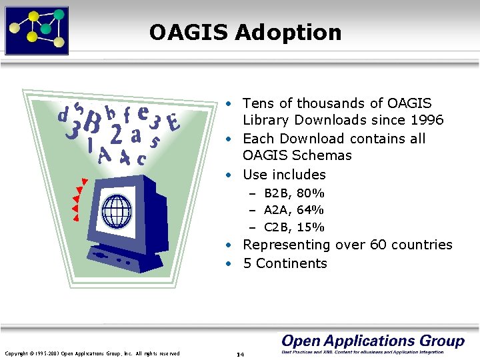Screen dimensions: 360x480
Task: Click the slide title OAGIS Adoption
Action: click(x=245, y=32)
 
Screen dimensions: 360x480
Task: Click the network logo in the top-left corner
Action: click(x=37, y=29)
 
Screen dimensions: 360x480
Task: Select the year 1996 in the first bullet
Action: click(x=427, y=121)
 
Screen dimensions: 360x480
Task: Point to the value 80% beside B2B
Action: click(x=310, y=193)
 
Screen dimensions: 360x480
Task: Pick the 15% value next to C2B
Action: click(x=310, y=227)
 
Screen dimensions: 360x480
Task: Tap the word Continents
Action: click(x=291, y=263)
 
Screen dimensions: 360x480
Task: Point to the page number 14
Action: click(x=240, y=354)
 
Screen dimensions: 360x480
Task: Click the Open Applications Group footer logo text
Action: click(x=373, y=341)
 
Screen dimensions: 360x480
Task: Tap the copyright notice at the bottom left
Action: click(x=92, y=353)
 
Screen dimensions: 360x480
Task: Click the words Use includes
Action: click(x=284, y=175)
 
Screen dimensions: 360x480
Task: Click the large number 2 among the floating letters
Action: click(x=116, y=135)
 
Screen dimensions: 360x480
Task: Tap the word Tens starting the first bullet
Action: click(x=257, y=103)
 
